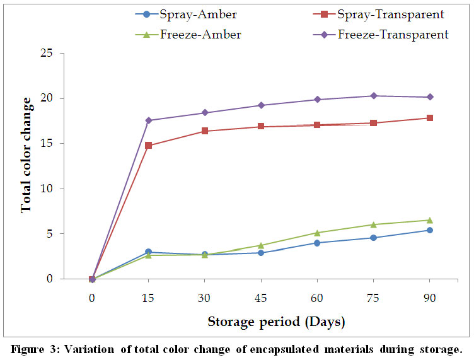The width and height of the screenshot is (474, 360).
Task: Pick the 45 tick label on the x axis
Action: [x=260, y=296]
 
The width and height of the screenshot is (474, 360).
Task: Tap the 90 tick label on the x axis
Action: [x=429, y=296]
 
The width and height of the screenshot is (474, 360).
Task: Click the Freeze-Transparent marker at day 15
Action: [x=148, y=120]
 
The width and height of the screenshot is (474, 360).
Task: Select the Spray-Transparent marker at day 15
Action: [x=148, y=146]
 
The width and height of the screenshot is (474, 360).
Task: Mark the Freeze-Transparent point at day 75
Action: [x=373, y=96]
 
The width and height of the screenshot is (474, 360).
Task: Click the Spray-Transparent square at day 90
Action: [x=430, y=118]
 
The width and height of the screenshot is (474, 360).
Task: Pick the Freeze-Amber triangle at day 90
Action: [x=430, y=220]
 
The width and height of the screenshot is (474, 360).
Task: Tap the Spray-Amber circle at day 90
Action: [x=430, y=230]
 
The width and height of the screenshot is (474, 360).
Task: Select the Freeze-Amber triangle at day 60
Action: [x=317, y=233]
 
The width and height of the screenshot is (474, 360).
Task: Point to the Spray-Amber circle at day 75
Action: [x=373, y=238]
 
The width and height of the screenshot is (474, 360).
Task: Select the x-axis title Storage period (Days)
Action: [x=276, y=322]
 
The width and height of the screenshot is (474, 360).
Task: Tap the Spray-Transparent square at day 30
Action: [x=204, y=131]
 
